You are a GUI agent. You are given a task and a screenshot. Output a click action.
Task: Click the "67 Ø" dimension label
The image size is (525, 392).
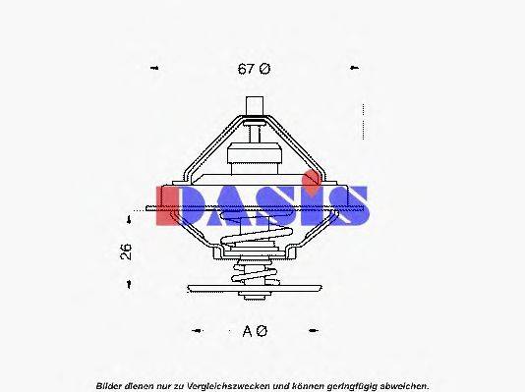pos(253,69)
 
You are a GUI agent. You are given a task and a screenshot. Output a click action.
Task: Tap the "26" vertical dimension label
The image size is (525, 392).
pos(126,251)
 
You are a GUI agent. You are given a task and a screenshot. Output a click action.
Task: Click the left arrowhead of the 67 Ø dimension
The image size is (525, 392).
pos(153,69)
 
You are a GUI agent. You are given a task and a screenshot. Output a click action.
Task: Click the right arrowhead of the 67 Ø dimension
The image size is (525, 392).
pos(354,69)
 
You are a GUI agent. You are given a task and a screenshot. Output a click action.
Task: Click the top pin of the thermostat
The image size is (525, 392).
pos(256,105)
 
